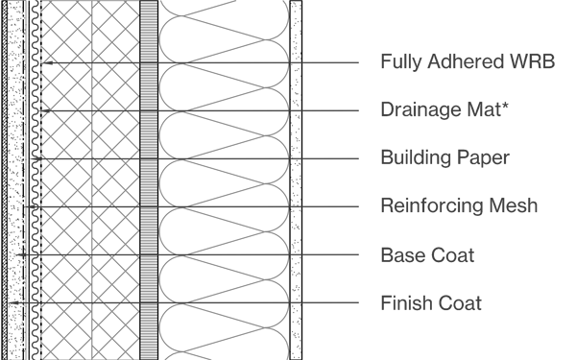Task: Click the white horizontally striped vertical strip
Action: tap(149, 180)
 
